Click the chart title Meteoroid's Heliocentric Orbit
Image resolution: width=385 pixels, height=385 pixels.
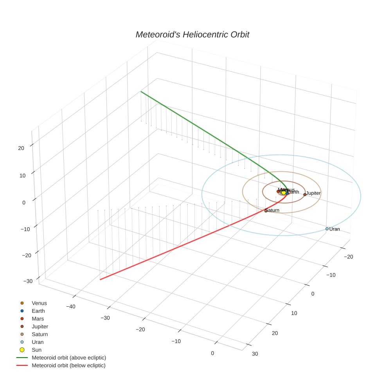pos(192,35)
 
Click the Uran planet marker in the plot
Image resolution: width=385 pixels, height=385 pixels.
pos(327,229)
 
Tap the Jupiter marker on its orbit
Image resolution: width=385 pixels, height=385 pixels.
pos(305,194)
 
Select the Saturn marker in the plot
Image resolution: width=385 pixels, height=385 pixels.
pos(266,210)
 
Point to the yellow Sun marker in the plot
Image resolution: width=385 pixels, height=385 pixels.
pos(284,192)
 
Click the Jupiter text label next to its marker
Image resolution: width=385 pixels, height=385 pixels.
pos(313,193)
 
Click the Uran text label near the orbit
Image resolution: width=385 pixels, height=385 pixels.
pos(335,229)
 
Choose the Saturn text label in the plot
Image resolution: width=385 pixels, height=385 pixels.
pos(273,210)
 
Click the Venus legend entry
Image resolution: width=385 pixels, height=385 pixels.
pos(39,303)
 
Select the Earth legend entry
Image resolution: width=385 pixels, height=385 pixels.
pos(38,311)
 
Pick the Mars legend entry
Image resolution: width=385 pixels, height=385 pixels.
pos(38,319)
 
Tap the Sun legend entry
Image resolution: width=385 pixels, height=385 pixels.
pos(36,350)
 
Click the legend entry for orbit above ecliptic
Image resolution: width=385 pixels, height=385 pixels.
pos(69,358)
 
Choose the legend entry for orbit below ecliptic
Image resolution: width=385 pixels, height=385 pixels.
pos(68,365)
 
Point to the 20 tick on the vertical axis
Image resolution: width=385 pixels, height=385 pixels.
pos(21,148)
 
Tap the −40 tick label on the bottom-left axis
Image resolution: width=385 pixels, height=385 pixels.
pos(71,307)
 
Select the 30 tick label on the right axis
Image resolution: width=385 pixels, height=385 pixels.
pos(255,354)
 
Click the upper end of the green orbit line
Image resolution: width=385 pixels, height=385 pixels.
pos(141,92)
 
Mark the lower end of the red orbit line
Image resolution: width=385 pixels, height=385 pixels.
pos(101,279)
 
